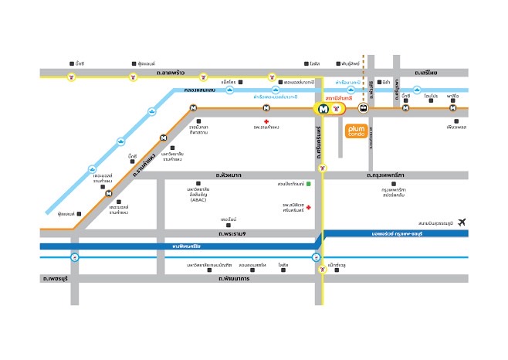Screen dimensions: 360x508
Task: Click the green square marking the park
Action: tap(308, 185)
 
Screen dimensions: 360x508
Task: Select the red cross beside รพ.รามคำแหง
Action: tap(266, 122)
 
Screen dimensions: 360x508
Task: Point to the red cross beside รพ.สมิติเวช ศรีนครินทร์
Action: tap(308, 208)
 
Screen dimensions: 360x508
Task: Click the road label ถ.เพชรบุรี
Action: tap(56, 277)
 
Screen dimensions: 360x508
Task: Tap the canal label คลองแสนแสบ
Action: tap(202, 90)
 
